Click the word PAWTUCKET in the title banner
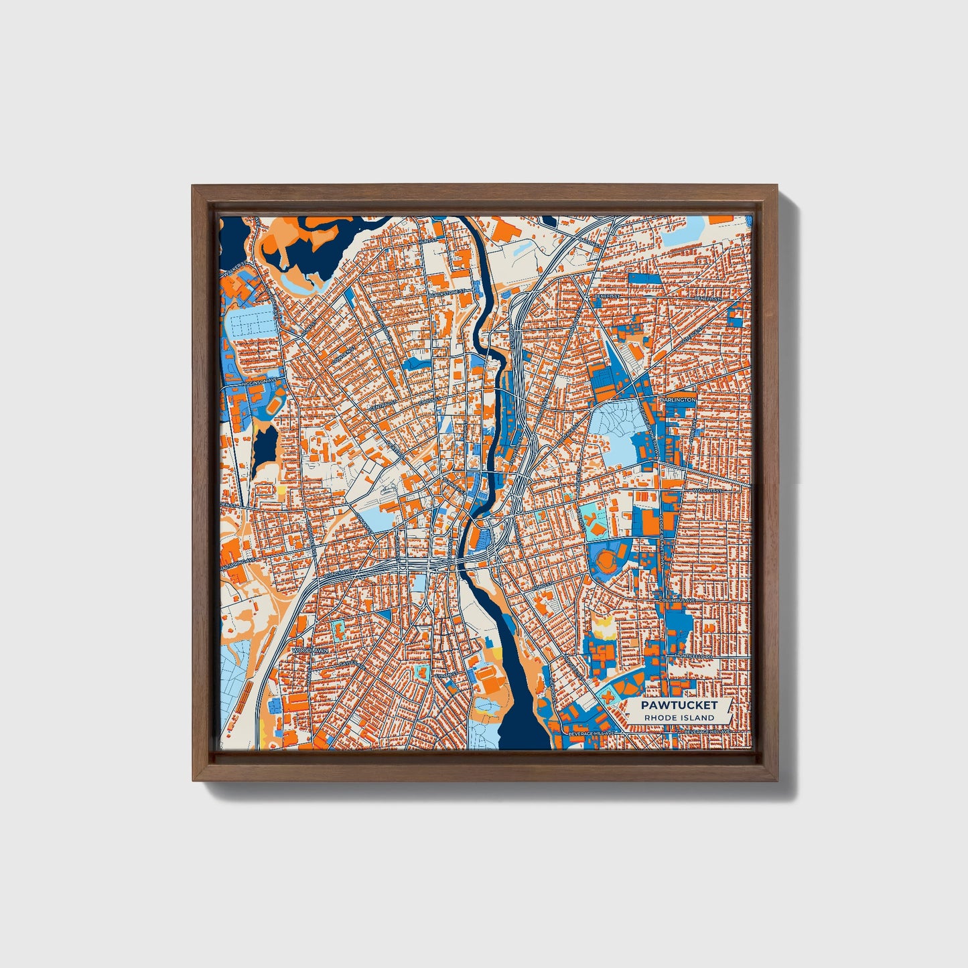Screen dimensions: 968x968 tap(679, 705)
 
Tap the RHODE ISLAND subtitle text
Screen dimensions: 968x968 tap(679, 717)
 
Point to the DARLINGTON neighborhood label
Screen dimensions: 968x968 tap(678, 399)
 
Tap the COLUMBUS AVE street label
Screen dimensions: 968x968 tap(678, 601)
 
